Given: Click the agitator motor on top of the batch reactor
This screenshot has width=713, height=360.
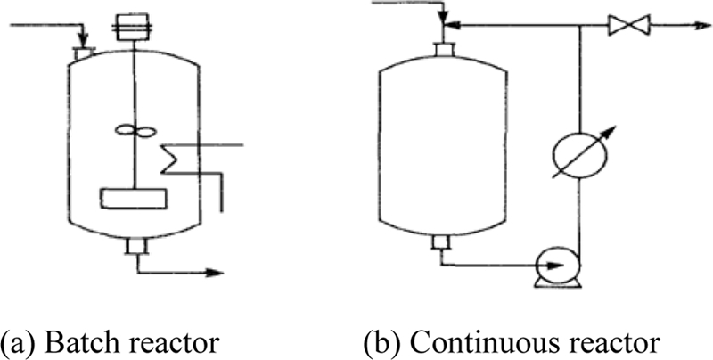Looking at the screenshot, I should pos(132,25).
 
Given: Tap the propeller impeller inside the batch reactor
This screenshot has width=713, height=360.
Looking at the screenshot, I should pos(131,132).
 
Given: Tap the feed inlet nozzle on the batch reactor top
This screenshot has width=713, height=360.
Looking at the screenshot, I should pos(84,55).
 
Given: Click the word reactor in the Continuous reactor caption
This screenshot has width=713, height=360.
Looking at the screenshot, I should pos(614,342).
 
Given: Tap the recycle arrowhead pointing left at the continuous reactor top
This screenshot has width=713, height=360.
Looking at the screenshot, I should pos(451,26).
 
